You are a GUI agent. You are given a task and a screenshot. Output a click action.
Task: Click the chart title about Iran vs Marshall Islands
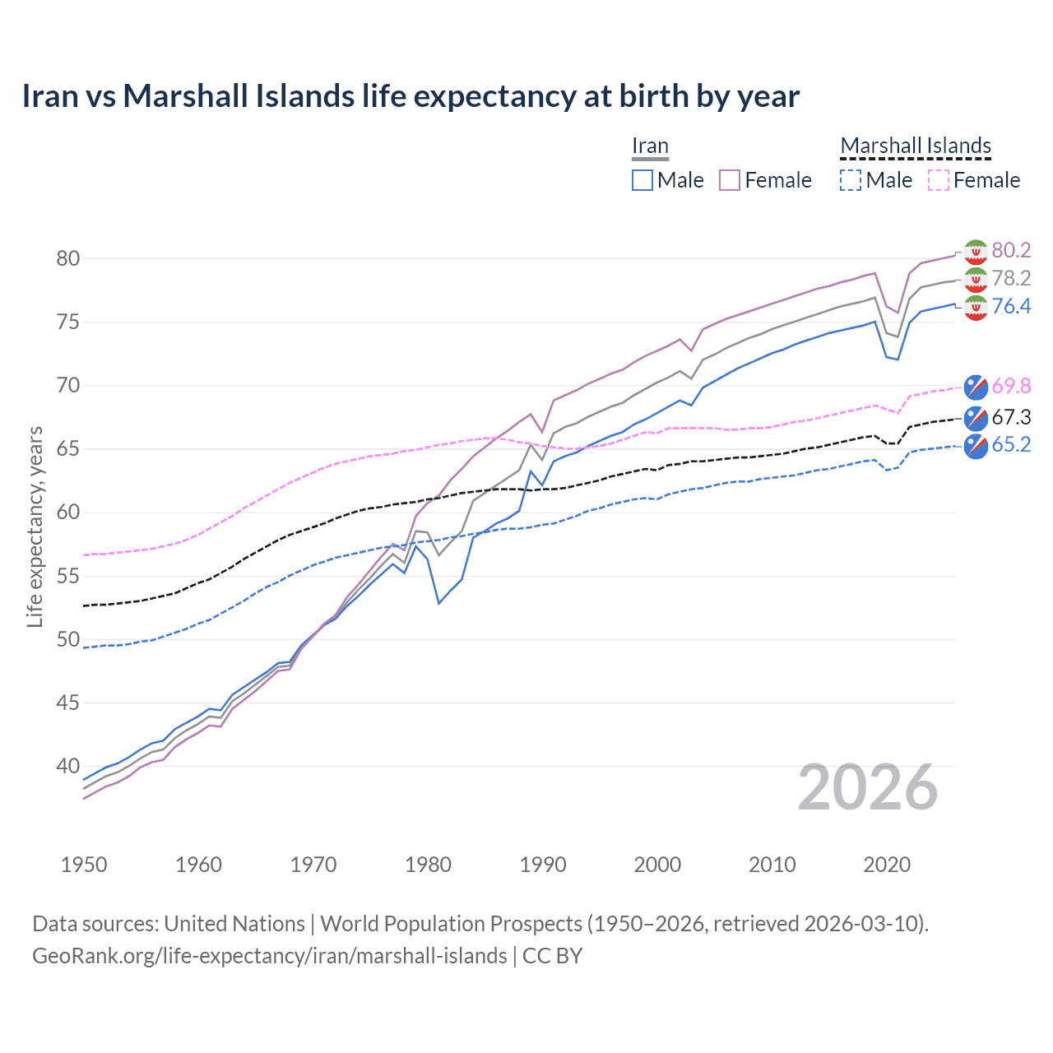411,96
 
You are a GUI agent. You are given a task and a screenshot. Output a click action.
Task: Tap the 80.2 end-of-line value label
1011,250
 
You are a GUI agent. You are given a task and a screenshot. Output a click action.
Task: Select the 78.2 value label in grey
1011,278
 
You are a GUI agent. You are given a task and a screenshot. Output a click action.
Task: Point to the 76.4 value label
1011,306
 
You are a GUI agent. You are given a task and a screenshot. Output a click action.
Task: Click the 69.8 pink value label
1011,386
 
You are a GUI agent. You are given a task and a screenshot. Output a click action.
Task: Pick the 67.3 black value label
1011,417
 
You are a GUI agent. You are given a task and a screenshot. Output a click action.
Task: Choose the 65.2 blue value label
1011,445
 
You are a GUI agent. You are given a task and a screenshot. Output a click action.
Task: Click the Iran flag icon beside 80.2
976,251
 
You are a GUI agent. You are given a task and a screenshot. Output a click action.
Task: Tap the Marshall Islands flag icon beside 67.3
976,418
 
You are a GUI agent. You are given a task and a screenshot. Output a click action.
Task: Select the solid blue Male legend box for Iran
642,180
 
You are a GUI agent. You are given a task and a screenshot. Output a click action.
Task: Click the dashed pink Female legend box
939,180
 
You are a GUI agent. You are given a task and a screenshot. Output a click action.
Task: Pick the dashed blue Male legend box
851,180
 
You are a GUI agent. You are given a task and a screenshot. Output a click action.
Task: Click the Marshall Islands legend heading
916,146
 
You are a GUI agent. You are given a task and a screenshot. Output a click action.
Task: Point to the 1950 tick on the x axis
84,865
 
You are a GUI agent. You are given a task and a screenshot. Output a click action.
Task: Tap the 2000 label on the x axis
657,865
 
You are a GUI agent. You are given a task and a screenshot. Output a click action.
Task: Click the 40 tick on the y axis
67,766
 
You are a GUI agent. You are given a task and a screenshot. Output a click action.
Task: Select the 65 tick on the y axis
67,449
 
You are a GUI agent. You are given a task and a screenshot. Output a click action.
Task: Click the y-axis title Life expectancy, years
35,526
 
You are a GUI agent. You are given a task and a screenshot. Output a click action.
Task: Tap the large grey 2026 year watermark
868,788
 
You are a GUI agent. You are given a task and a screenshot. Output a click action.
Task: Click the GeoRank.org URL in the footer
270,956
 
